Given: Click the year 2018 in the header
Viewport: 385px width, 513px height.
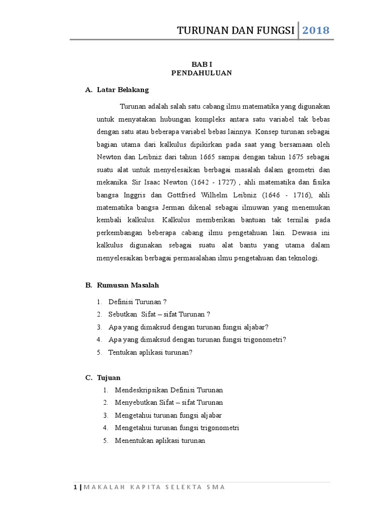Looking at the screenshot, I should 316,31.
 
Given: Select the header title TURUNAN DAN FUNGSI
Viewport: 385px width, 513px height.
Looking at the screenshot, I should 236,31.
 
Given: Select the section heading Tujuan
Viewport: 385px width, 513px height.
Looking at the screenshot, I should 109,377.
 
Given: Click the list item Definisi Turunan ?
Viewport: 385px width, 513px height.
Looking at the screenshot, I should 137,302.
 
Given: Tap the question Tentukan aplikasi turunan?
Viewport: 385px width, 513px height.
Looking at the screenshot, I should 150,352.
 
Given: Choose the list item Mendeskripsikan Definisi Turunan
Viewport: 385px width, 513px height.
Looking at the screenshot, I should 169,390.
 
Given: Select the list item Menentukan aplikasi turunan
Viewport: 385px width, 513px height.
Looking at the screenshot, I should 160,441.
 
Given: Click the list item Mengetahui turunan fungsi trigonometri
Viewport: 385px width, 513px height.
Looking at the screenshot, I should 177,428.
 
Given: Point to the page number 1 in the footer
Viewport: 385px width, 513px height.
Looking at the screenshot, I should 75,487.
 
